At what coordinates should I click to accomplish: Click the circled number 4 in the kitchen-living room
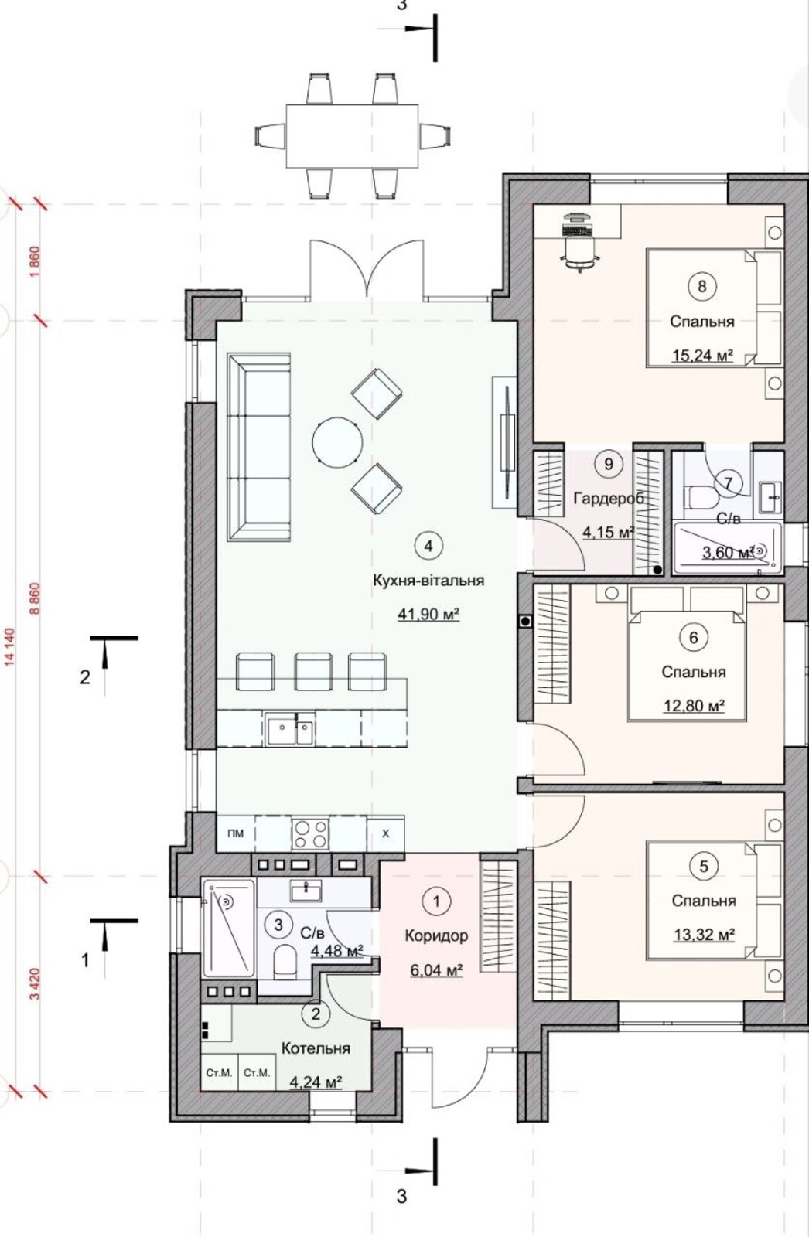pos(428,546)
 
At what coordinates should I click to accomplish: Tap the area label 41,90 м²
pos(428,614)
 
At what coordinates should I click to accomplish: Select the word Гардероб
pos(609,499)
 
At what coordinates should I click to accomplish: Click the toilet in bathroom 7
pos(701,497)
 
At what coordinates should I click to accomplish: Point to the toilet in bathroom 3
pos(285,960)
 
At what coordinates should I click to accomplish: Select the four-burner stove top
pos(310,833)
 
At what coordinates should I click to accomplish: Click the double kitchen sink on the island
pos(289,728)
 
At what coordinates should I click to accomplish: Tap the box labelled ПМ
pos(235,833)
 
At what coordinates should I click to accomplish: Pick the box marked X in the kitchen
pos(385,833)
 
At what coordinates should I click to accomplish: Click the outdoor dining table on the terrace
pos(353,136)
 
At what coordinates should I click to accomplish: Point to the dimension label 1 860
pos(36,263)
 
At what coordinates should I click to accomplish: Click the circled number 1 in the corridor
pos(436,901)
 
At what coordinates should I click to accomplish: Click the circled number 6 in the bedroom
pos(694,638)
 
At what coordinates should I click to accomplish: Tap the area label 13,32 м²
pos(704,935)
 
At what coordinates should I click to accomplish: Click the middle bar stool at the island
pos(313,672)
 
